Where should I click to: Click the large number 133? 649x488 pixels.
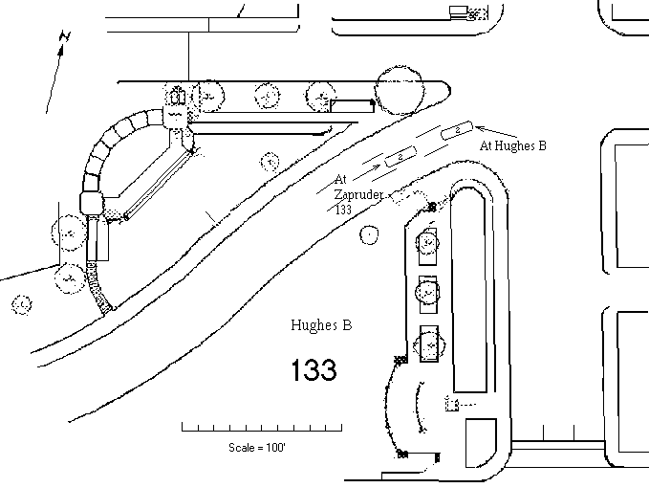[314, 369]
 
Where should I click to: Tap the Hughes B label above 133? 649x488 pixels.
[321, 324]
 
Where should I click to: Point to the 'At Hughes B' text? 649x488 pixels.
[513, 145]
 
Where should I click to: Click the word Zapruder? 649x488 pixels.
[358, 194]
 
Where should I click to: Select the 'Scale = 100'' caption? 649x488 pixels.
[257, 448]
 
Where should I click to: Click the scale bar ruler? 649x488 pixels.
[262, 427]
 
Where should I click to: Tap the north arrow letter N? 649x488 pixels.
[65, 36]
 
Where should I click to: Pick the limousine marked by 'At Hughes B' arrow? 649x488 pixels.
[457, 130]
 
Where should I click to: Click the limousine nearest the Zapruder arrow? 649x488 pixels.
[400, 157]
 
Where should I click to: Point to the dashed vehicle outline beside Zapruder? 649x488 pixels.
[408, 197]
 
